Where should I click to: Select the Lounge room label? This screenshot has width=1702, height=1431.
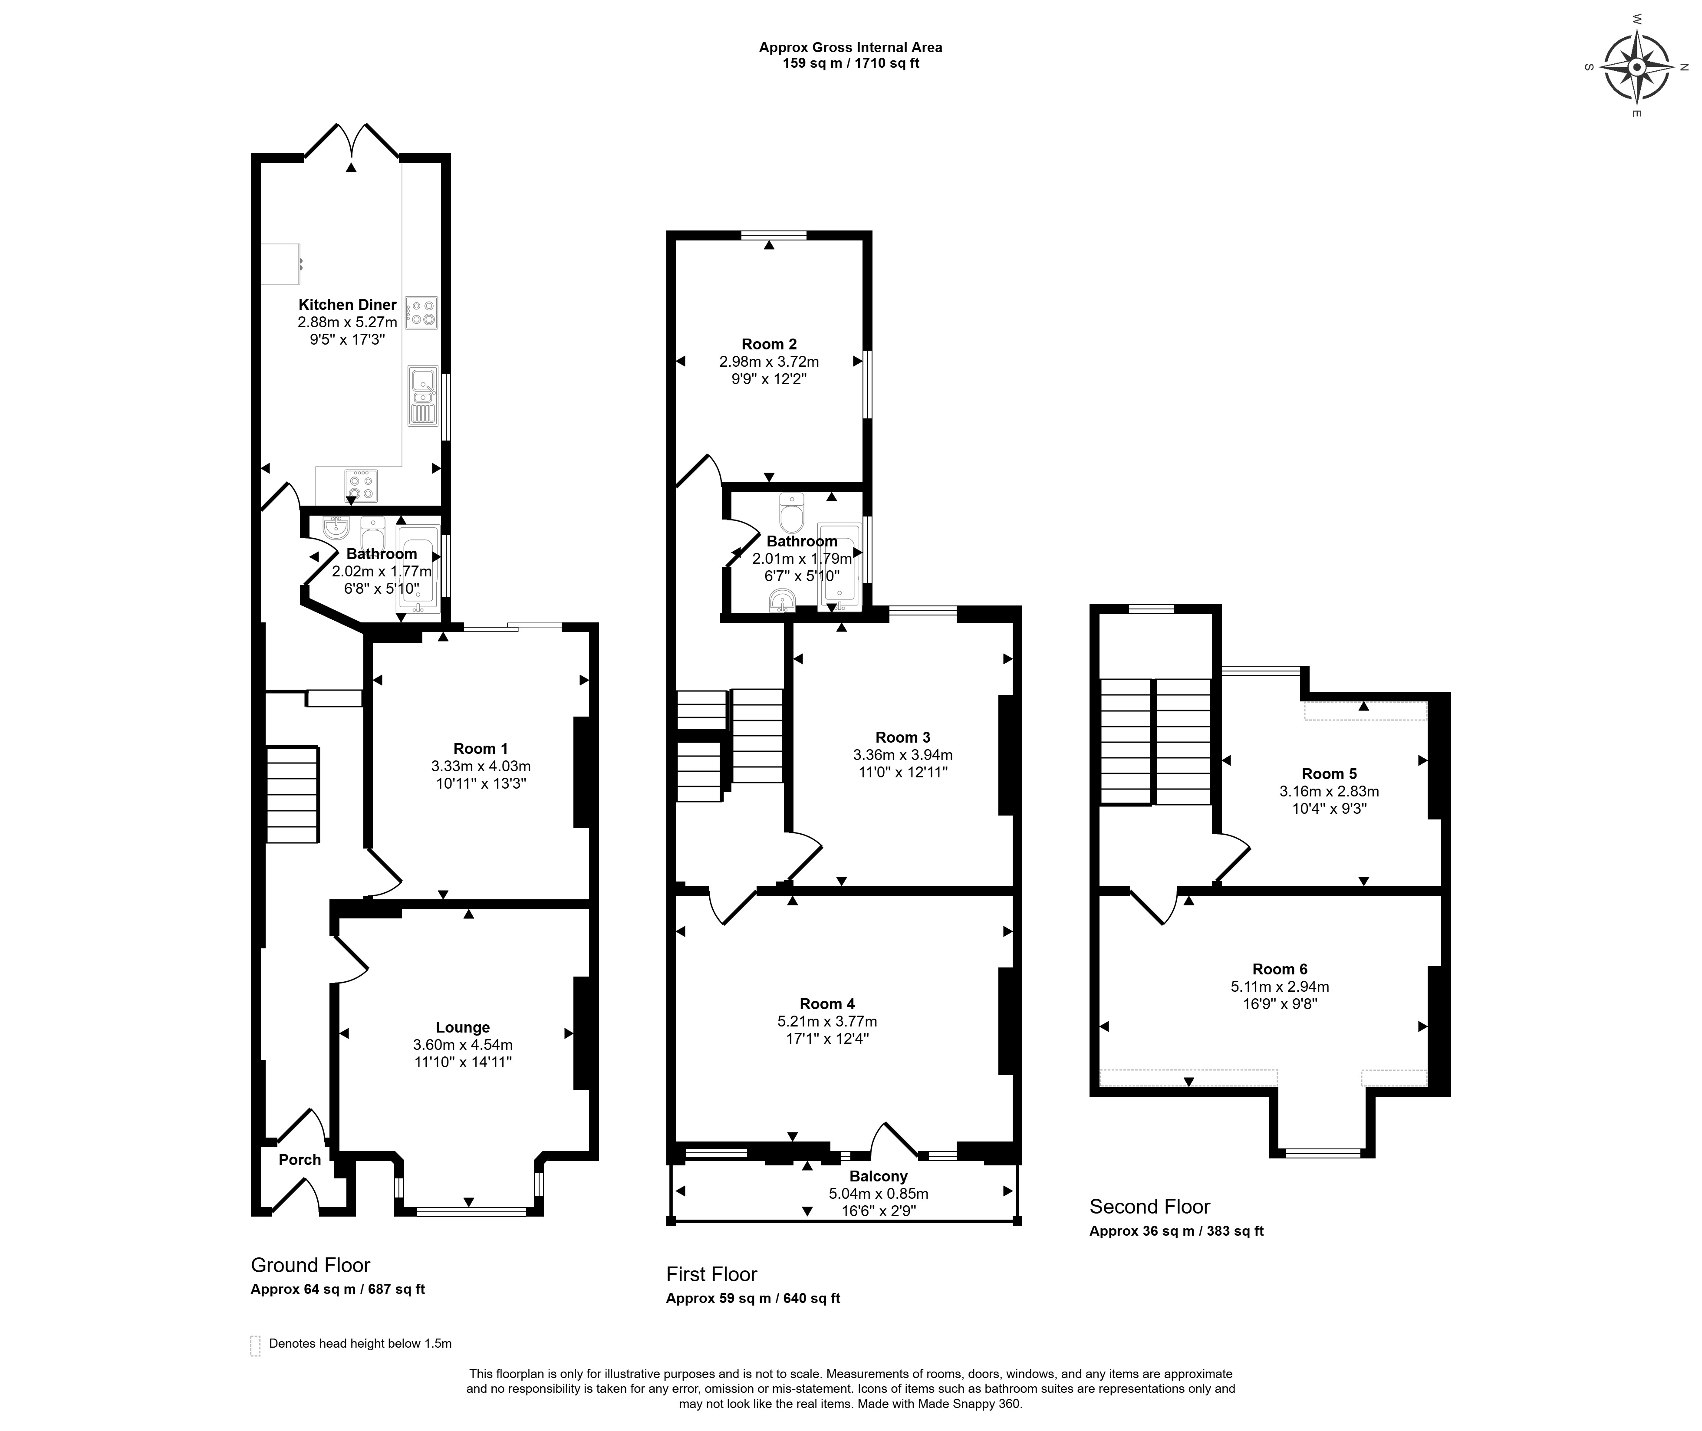pyautogui.click(x=462, y=1027)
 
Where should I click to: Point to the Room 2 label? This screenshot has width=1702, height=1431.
pyautogui.click(x=769, y=344)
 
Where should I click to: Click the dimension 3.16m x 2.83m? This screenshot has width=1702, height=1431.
pyautogui.click(x=1329, y=791)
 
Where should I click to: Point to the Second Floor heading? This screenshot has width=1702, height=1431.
pyautogui.click(x=1149, y=1206)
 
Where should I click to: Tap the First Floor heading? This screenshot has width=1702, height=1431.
pyautogui.click(x=711, y=1273)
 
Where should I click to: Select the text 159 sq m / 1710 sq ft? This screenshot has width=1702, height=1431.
pyautogui.click(x=850, y=63)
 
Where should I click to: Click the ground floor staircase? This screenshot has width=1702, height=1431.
pyautogui.click(x=292, y=794)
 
